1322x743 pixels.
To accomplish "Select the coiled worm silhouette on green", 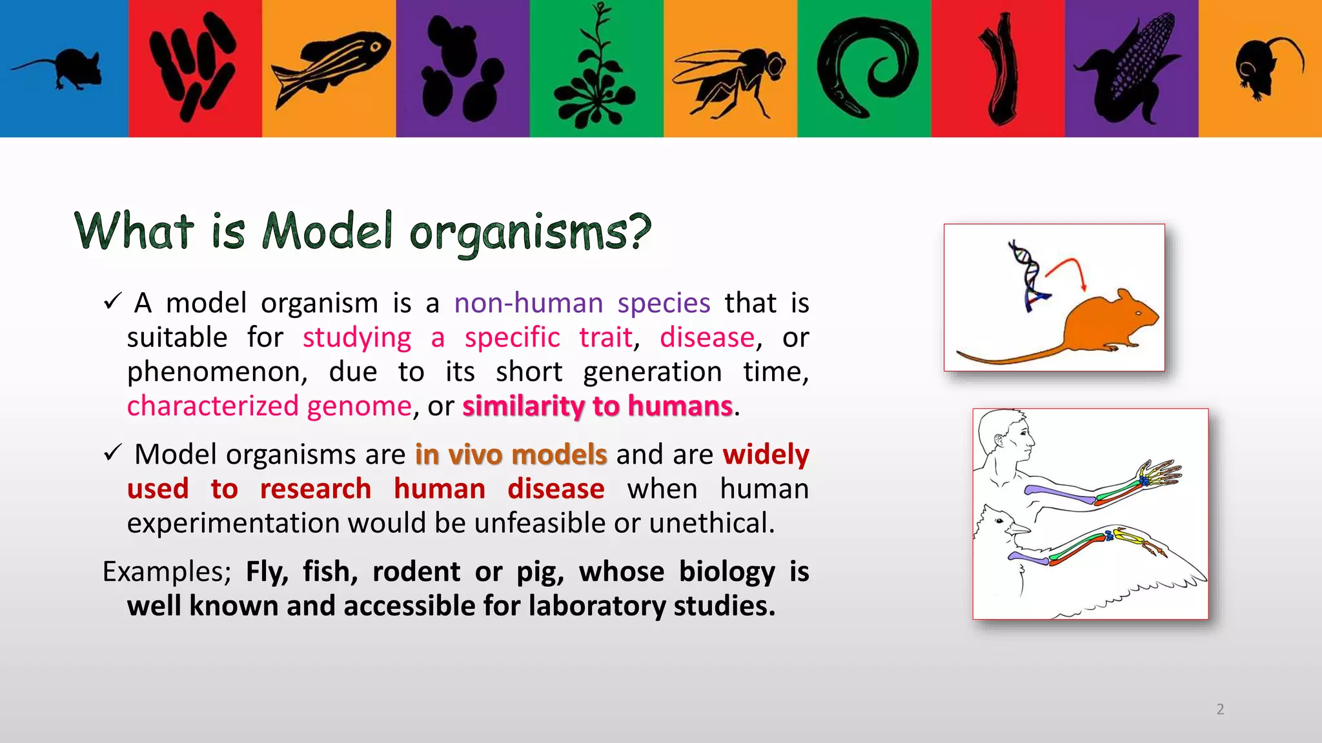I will (865, 68).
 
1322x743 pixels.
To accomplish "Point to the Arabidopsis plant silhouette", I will (595, 74).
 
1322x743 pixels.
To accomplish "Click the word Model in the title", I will (327, 231).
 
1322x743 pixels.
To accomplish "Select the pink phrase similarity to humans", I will (597, 406).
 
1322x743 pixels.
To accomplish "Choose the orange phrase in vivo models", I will (511, 455).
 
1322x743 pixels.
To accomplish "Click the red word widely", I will (766, 455).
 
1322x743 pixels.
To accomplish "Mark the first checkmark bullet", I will (112, 301).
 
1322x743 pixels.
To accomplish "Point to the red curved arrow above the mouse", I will (1068, 268).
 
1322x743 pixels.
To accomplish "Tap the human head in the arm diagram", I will (1007, 435).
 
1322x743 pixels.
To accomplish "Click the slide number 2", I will (1220, 709).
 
